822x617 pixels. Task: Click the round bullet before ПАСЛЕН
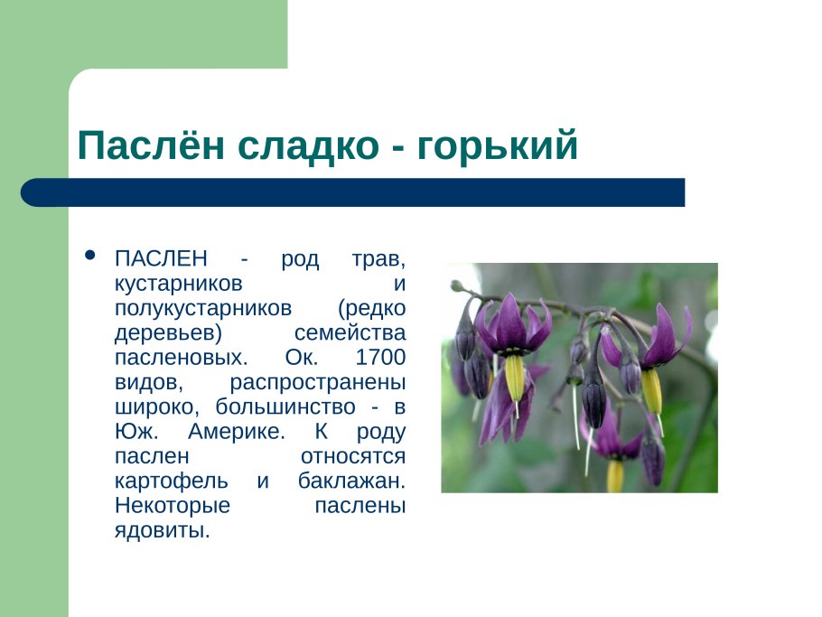click(89, 256)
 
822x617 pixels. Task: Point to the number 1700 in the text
click(380, 356)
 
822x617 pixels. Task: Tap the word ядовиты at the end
click(162, 529)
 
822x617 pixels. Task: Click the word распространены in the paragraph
click(317, 380)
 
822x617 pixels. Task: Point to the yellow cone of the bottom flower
click(615, 474)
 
